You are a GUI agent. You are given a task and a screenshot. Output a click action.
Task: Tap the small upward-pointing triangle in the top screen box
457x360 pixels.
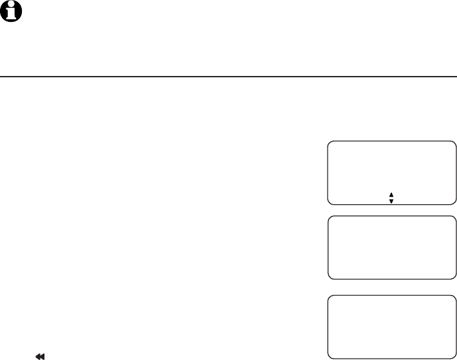click(391, 194)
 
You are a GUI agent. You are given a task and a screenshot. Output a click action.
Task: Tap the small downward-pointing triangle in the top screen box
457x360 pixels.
click(391, 201)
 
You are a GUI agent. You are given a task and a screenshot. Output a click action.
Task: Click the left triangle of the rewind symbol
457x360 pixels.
click(38, 355)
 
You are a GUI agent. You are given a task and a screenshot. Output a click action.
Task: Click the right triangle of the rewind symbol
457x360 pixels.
click(42, 355)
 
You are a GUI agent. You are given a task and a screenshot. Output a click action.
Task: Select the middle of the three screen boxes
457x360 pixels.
click(391, 248)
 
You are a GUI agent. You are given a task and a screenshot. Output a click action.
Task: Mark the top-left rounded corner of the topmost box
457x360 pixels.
click(330, 143)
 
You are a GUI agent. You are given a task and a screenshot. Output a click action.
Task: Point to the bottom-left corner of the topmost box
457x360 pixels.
click(330, 202)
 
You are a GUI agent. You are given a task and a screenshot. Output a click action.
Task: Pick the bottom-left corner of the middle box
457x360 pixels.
click(330, 277)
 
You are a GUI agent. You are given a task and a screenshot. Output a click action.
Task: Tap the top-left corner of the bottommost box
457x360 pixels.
click(330, 298)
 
